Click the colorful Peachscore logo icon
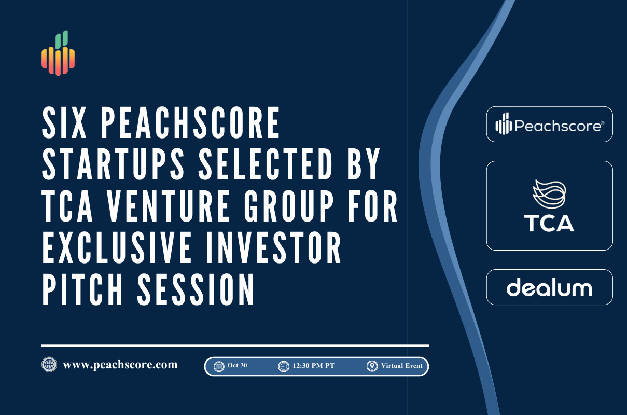click(x=58, y=53)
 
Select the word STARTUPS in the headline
click(x=113, y=163)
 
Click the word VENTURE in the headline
click(x=169, y=205)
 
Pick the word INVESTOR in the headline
click(x=273, y=247)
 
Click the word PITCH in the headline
click(x=82, y=289)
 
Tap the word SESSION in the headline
click(x=196, y=289)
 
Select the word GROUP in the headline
click(x=289, y=205)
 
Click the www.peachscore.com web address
click(x=120, y=365)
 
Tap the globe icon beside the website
click(x=49, y=364)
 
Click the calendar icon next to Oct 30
click(x=219, y=366)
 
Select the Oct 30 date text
click(x=238, y=365)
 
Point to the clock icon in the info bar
click(x=284, y=366)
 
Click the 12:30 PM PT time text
click(x=313, y=365)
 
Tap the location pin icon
click(x=372, y=366)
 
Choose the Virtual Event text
click(x=402, y=365)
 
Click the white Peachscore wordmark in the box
click(x=550, y=124)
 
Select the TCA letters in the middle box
click(x=549, y=223)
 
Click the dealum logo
click(x=549, y=287)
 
